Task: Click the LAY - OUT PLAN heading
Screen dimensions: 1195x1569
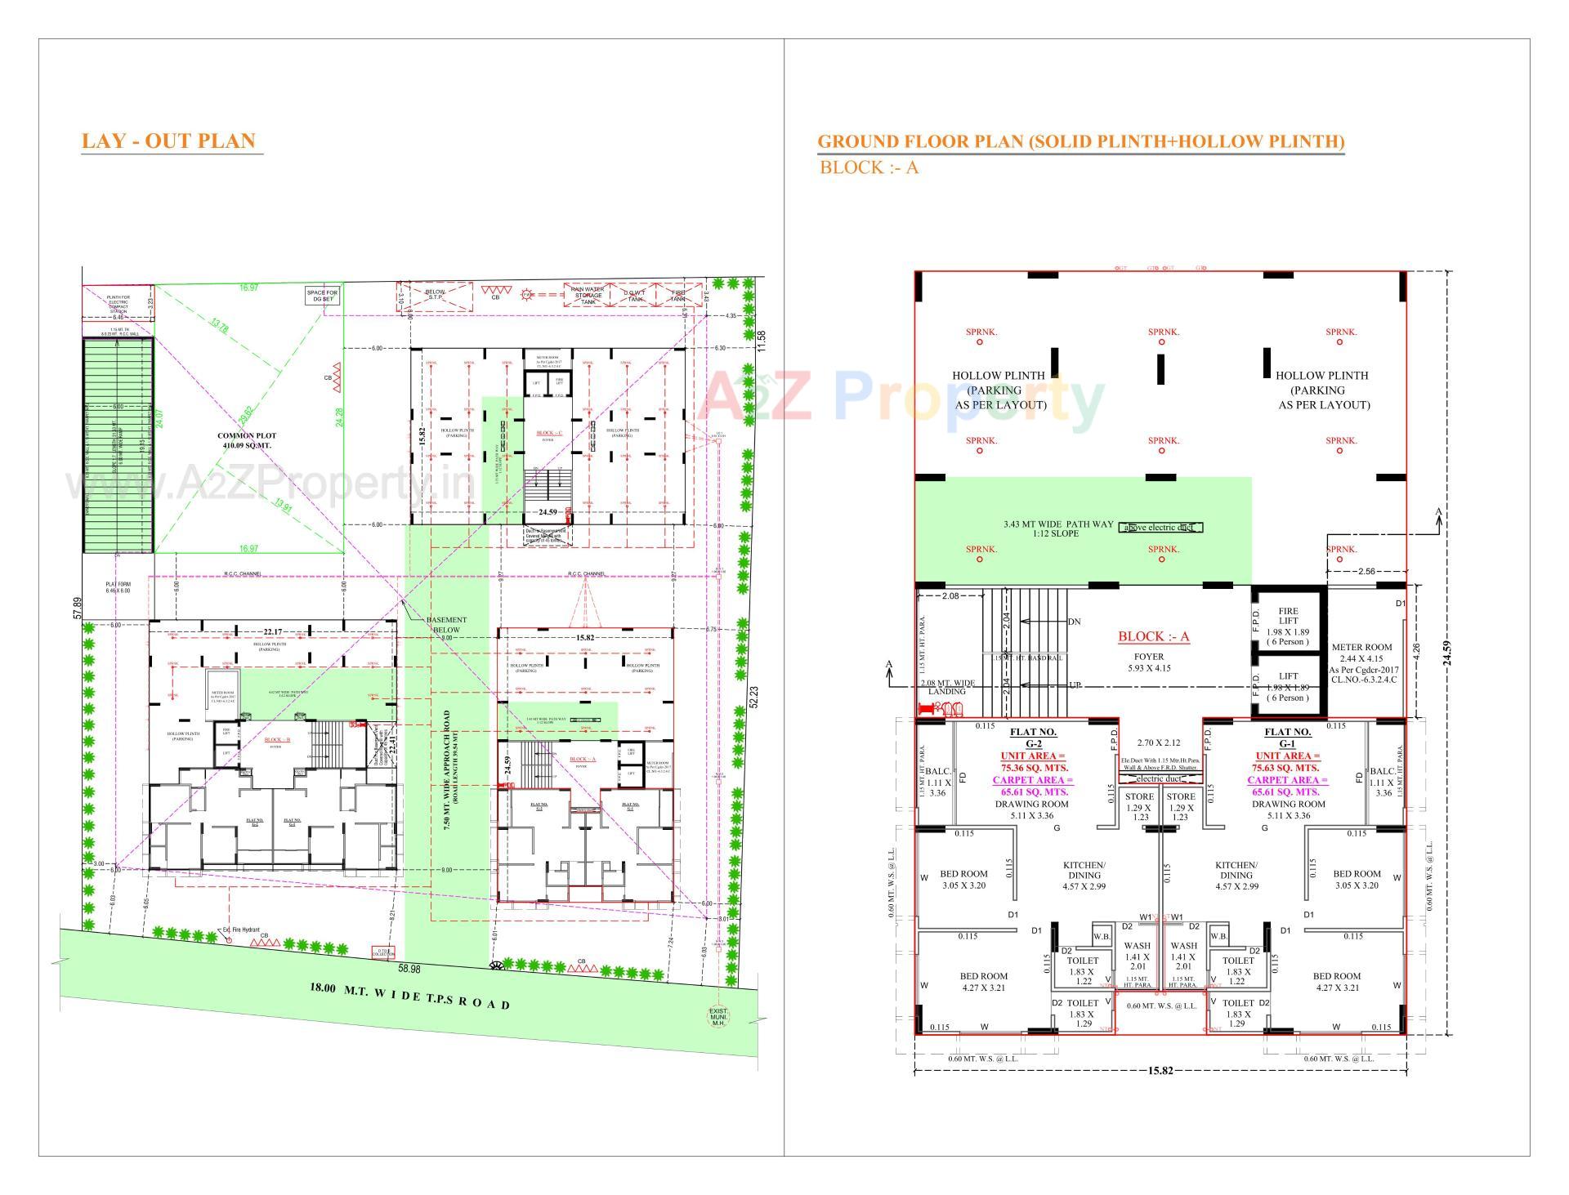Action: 168,141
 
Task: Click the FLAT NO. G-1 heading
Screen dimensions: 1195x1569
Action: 1287,738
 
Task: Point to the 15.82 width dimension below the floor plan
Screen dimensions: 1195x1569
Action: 1160,1070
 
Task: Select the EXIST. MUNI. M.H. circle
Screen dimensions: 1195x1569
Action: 718,1017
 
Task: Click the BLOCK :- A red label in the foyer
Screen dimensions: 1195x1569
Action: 1153,637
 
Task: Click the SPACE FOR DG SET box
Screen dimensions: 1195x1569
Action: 322,296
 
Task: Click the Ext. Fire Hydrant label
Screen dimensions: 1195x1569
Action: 240,930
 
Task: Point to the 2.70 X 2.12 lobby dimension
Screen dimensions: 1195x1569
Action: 1159,743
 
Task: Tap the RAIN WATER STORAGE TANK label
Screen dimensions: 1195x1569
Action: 588,295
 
